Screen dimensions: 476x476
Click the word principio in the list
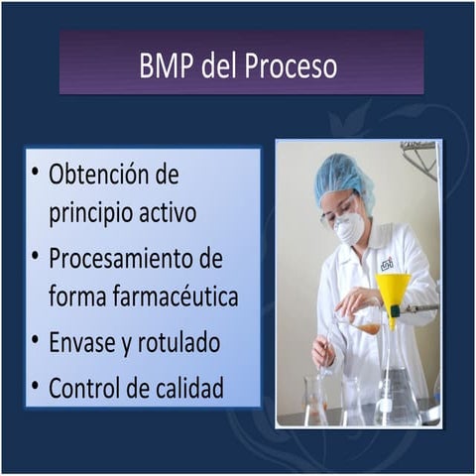tap(92, 212)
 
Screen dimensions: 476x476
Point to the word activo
tap(169, 212)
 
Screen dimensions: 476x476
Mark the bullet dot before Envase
tap(35, 341)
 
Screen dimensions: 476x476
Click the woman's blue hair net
tap(342, 178)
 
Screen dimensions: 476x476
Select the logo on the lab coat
tap(386, 264)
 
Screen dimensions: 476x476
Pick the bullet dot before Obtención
tap(35, 174)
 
